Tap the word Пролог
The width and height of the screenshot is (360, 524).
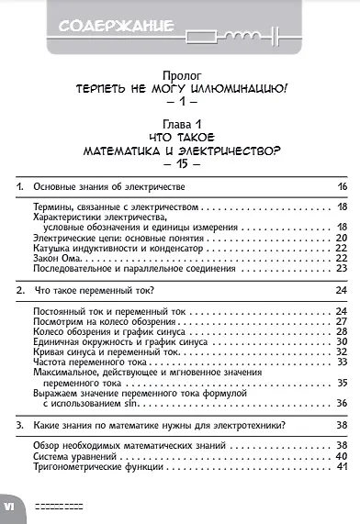pyautogui.click(x=179, y=72)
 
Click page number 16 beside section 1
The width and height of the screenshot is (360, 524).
pyautogui.click(x=341, y=187)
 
